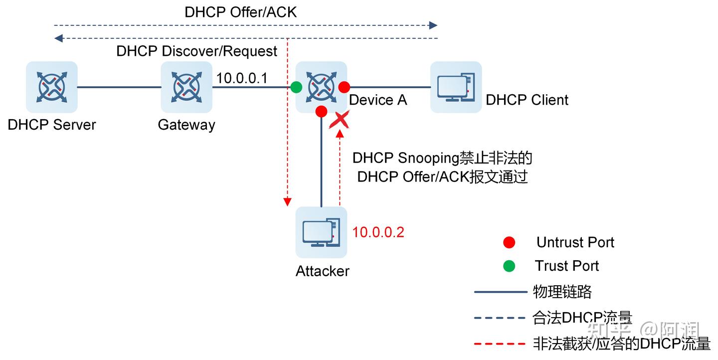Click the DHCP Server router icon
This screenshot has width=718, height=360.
pyautogui.click(x=52, y=87)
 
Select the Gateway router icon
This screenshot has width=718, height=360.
pyautogui.click(x=186, y=87)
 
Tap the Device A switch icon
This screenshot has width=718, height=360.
pyautogui.click(x=321, y=87)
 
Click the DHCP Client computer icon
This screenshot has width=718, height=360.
pyautogui.click(x=456, y=87)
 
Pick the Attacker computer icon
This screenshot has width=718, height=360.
pyautogui.click(x=321, y=232)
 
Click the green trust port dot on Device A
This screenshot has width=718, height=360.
pyautogui.click(x=296, y=87)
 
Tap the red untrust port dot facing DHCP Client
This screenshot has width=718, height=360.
pyautogui.click(x=344, y=87)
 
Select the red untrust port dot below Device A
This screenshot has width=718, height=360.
pyautogui.click(x=321, y=111)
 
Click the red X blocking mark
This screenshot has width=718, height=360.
pyautogui.click(x=339, y=120)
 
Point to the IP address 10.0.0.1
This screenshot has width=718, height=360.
pyautogui.click(x=242, y=78)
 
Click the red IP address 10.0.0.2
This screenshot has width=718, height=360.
pyautogui.click(x=378, y=232)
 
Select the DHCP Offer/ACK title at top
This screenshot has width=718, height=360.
pyautogui.click(x=240, y=12)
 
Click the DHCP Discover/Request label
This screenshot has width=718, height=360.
pyautogui.click(x=197, y=51)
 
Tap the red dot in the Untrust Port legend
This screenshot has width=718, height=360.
pyautogui.click(x=509, y=243)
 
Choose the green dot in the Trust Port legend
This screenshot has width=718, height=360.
pyautogui.click(x=509, y=266)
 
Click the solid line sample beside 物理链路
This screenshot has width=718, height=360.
pyautogui.click(x=500, y=292)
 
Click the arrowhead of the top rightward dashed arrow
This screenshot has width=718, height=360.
pyautogui.click(x=433, y=25)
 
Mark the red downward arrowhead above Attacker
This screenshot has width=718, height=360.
pyautogui.click(x=287, y=201)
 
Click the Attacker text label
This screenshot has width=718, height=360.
pyautogui.click(x=323, y=271)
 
